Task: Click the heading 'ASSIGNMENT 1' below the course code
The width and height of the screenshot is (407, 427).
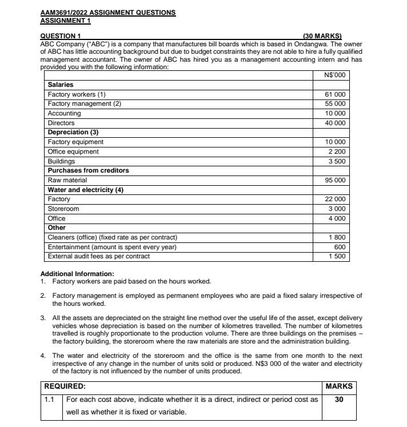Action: pos(65,21)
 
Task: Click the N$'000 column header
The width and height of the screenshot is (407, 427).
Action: pos(334,75)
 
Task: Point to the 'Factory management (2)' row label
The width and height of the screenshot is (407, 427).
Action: pos(85,103)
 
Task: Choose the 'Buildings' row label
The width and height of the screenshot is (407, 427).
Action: pos(61,161)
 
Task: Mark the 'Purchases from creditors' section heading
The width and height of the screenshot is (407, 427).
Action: pos(88,170)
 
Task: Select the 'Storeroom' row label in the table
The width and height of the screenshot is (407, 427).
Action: pos(63,209)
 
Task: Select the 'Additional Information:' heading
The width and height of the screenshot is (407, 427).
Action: pos(77,273)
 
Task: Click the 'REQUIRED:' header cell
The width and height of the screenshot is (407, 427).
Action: pos(65,386)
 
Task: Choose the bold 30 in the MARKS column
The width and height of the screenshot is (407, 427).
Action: pos(339,400)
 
